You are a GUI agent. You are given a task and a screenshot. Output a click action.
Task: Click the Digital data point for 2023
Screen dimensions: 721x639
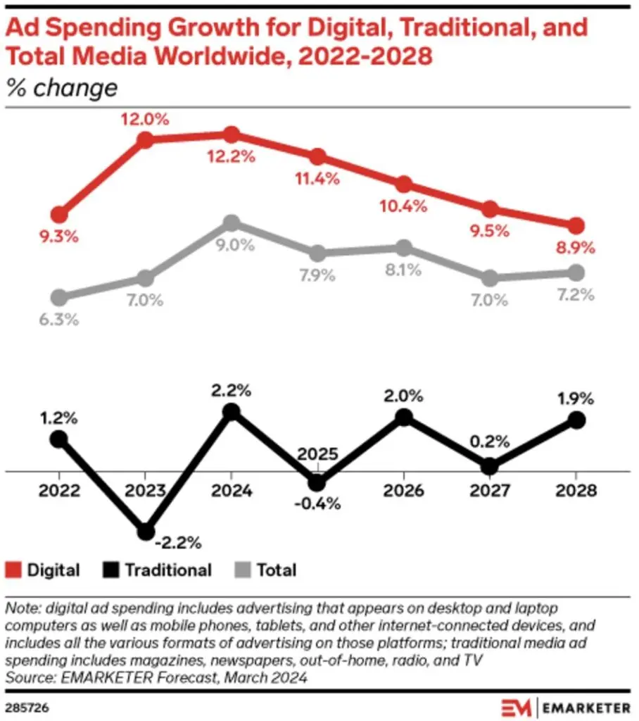click(x=145, y=139)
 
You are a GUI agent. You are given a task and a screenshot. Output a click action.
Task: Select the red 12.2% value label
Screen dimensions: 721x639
click(x=231, y=157)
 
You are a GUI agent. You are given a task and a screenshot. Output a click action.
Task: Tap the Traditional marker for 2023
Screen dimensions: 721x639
click(x=145, y=532)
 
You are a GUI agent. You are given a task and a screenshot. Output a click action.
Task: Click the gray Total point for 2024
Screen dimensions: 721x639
click(x=231, y=223)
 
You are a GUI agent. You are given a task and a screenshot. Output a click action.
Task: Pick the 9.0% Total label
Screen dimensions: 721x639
click(x=231, y=246)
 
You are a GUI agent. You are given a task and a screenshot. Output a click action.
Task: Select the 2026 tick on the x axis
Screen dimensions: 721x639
click(x=403, y=491)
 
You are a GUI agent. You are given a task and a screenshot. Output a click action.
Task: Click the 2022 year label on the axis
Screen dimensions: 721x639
click(x=59, y=491)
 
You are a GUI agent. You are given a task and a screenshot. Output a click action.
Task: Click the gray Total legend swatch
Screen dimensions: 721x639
click(x=243, y=570)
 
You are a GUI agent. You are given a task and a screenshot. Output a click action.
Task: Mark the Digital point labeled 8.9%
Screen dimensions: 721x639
click(x=576, y=225)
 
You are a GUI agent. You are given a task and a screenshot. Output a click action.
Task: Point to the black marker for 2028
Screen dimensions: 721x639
click(x=576, y=420)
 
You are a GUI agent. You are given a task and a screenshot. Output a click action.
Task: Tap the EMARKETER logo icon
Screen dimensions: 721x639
click(x=515, y=706)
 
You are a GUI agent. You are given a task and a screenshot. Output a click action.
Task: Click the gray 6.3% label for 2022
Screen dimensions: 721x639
click(x=59, y=319)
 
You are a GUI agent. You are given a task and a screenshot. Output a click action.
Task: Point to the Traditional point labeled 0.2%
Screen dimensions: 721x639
click(x=490, y=466)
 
